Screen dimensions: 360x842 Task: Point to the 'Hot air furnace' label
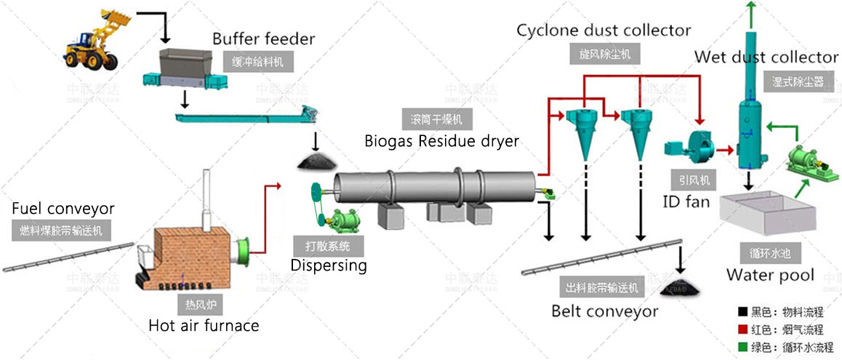[203, 325]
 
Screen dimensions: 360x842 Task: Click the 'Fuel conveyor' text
[63, 209]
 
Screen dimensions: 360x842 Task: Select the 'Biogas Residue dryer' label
[441, 141]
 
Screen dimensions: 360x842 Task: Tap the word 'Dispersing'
[329, 265]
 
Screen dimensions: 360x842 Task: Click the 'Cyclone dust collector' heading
[604, 31]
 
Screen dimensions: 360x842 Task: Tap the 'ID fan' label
[687, 201]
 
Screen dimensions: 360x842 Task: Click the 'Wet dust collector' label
[766, 57]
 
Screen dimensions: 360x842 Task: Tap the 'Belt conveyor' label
[604, 311]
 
